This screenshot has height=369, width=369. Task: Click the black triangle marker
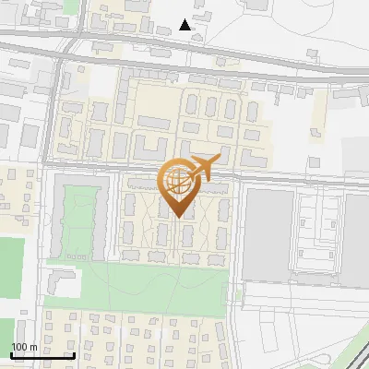(x=185, y=25)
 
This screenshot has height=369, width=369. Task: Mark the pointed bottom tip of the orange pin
(x=176, y=217)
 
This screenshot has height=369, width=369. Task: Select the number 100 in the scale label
(x=19, y=346)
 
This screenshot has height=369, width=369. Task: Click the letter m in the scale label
(x=33, y=346)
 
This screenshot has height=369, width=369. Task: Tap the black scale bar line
(x=42, y=355)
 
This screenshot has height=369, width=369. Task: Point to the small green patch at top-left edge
(x=71, y=6)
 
